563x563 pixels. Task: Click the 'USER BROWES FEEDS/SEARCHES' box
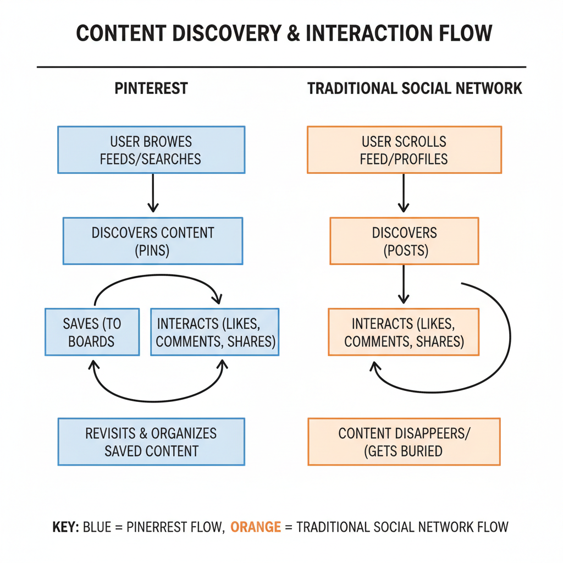click(x=151, y=150)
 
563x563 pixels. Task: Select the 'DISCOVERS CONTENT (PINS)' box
click(x=152, y=241)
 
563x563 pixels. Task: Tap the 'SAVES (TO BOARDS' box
click(x=91, y=332)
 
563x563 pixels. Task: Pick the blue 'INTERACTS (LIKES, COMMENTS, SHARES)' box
click(x=215, y=332)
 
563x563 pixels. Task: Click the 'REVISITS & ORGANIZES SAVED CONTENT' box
click(x=151, y=441)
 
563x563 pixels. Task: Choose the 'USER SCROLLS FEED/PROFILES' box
click(x=404, y=150)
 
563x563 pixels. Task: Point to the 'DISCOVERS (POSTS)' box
click(x=404, y=241)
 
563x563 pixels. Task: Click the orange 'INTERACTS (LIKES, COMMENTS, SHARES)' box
click(x=404, y=332)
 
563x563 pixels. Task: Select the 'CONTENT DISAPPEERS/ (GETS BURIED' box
click(x=404, y=441)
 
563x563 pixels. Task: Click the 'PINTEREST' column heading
click(x=151, y=89)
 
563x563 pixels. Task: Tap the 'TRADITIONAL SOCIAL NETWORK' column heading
click(x=415, y=89)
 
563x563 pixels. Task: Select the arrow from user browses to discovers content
click(x=153, y=193)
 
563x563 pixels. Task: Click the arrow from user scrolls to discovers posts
click(x=404, y=193)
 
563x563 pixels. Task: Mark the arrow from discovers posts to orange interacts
click(x=404, y=284)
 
